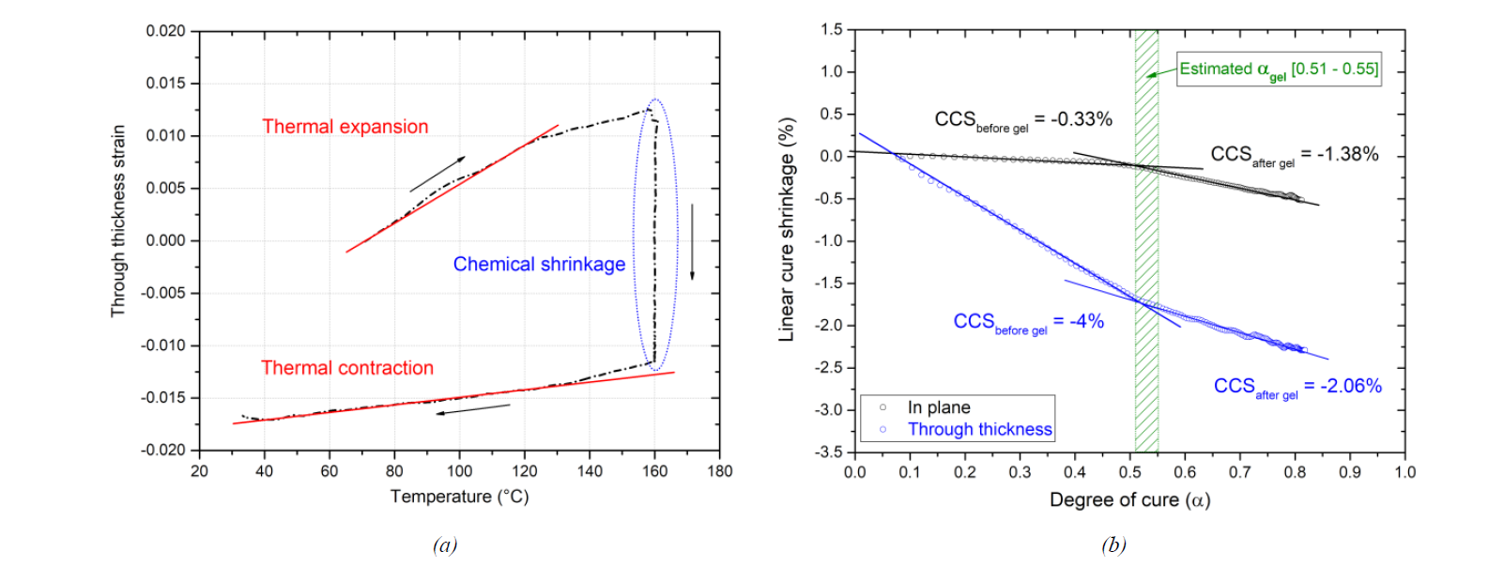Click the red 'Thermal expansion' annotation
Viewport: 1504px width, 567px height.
coord(345,127)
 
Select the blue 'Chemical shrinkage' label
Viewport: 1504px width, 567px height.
coord(539,265)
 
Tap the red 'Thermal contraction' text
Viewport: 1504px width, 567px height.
coord(347,368)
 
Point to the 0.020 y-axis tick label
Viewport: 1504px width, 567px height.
coord(165,31)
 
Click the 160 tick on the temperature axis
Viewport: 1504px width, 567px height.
coord(654,471)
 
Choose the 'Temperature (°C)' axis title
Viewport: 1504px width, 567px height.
coord(459,497)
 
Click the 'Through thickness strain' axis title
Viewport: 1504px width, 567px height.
coord(118,221)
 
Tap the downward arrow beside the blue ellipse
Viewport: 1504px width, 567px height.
coord(693,241)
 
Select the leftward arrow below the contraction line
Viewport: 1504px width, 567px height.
coord(473,409)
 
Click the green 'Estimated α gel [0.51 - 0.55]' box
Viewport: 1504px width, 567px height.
coord(1279,69)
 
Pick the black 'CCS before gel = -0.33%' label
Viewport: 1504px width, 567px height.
coord(1022,120)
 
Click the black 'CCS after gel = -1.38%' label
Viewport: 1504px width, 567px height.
coord(1294,155)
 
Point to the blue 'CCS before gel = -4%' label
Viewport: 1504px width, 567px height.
coord(1028,322)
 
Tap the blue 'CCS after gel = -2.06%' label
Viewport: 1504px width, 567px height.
coord(1297,387)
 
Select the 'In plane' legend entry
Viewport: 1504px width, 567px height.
coord(938,407)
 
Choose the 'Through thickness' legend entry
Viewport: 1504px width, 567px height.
coord(979,429)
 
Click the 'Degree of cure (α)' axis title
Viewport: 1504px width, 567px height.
coord(1129,499)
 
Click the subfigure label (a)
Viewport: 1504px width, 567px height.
coord(445,545)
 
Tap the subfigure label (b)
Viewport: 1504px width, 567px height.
coord(1113,545)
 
